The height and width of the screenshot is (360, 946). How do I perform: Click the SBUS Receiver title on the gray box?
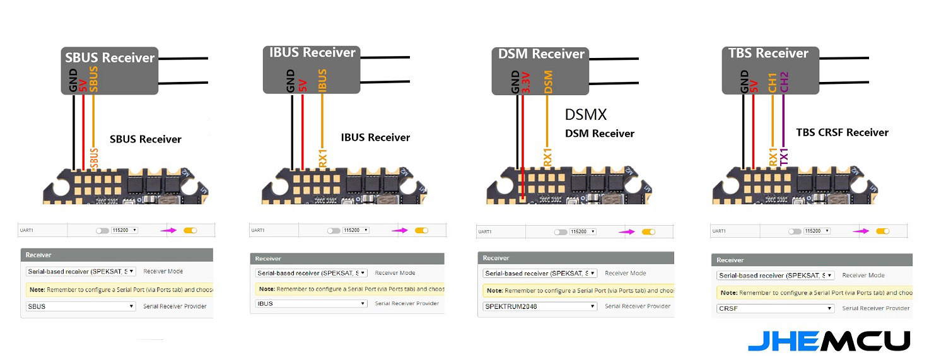coord(110,58)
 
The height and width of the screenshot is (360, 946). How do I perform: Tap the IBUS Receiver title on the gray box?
coord(313,52)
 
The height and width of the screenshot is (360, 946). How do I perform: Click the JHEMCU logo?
coord(829,341)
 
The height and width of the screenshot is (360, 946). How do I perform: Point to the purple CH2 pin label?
coord(785,83)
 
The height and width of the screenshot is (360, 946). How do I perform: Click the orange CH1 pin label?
coord(773,83)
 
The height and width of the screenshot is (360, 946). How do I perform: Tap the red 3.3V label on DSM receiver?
coord(527,83)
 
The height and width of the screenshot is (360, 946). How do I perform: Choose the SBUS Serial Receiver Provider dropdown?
coord(81,306)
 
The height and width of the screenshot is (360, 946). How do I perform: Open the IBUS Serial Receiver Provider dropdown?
coord(311,303)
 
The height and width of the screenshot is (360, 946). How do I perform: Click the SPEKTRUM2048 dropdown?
coord(540,306)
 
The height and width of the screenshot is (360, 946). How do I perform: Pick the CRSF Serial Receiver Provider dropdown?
coord(775,308)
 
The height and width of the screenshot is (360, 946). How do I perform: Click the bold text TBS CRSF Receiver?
coord(842,132)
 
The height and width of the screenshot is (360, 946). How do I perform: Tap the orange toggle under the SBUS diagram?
coord(190,230)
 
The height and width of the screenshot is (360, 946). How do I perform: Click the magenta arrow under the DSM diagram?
coord(626,232)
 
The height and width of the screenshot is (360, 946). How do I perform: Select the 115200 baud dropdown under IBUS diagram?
coord(356,230)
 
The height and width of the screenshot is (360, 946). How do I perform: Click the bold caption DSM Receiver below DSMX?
coord(599,134)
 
